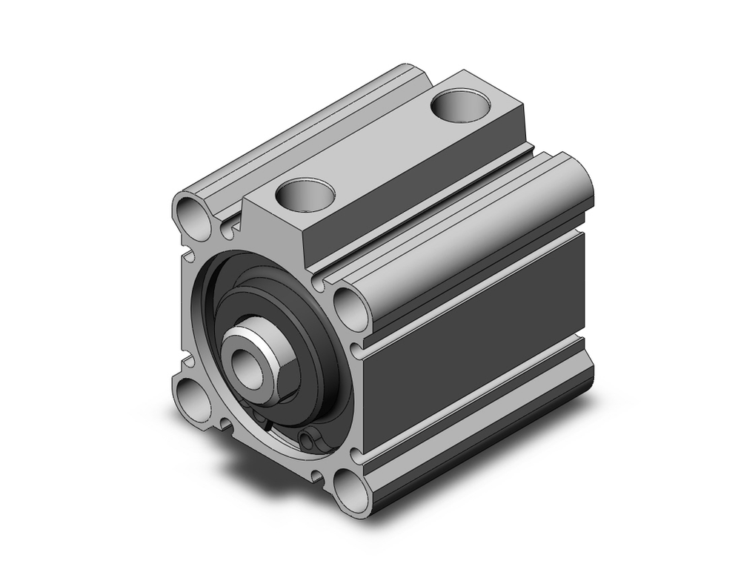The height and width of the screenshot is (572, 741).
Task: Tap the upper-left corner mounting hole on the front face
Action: pyautogui.click(x=195, y=213)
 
